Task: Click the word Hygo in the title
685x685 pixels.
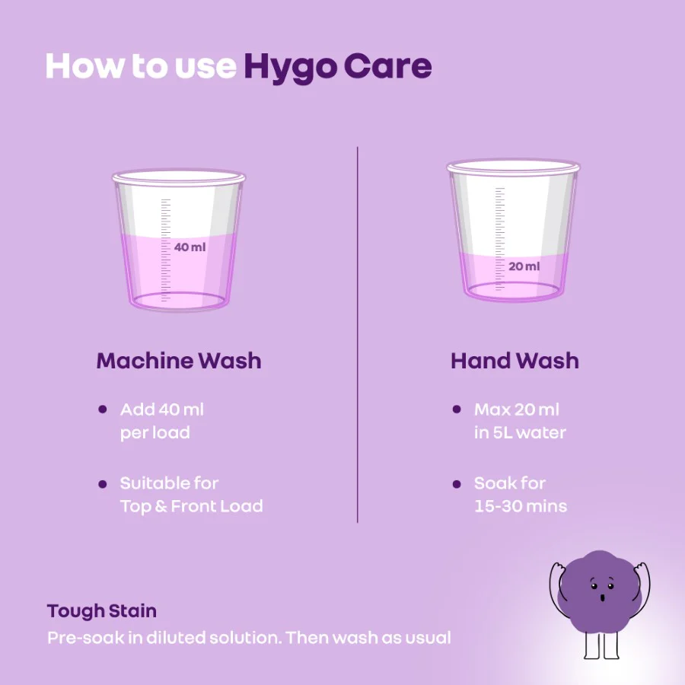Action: (x=289, y=67)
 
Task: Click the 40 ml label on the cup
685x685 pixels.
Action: (x=190, y=247)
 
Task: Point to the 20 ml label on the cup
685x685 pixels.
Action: (x=524, y=266)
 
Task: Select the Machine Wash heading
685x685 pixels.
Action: (x=179, y=361)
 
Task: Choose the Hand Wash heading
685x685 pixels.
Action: (x=515, y=361)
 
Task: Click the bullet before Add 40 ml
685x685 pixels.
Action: (x=102, y=409)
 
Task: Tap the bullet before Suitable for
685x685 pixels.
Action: (x=102, y=483)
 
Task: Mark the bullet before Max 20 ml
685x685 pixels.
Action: (x=457, y=409)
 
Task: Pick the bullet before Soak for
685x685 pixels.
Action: (x=457, y=483)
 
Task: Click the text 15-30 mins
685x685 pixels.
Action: (x=521, y=506)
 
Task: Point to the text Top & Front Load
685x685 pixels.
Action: (x=191, y=506)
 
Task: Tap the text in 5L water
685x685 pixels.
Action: (x=520, y=432)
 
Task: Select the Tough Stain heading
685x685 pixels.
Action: (x=102, y=611)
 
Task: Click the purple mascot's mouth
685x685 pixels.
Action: (x=602, y=597)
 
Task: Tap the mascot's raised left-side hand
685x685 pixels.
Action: (x=557, y=569)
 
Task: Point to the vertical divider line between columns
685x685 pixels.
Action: (x=357, y=335)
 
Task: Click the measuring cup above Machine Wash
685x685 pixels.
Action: (x=180, y=240)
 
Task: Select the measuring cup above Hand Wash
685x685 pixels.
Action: (x=512, y=228)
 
